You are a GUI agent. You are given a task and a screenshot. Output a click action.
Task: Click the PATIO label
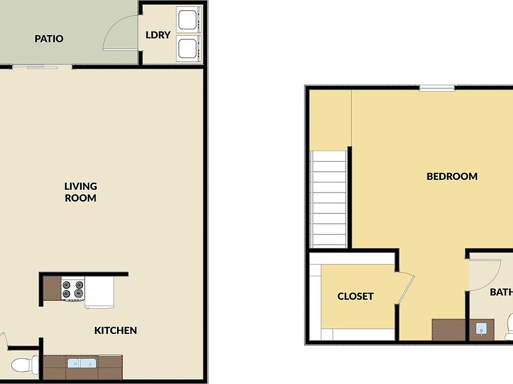point(49,39)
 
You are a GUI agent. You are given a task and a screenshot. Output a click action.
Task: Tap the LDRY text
point(158,35)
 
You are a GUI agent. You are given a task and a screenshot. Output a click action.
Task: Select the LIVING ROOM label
point(81,192)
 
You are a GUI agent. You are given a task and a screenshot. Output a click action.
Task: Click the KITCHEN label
point(115,331)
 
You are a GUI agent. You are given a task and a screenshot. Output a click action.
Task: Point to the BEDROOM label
point(452,177)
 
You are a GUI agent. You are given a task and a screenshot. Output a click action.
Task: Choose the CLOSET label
point(355,297)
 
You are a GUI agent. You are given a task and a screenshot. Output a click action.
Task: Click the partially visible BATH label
point(501,292)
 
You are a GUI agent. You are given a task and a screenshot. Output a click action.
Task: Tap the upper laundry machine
point(188,20)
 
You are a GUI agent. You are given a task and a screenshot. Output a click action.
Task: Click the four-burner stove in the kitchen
point(73,289)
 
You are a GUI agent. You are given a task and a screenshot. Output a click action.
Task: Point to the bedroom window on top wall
point(437,88)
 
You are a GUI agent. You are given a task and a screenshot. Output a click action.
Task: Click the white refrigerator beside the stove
point(100,292)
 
